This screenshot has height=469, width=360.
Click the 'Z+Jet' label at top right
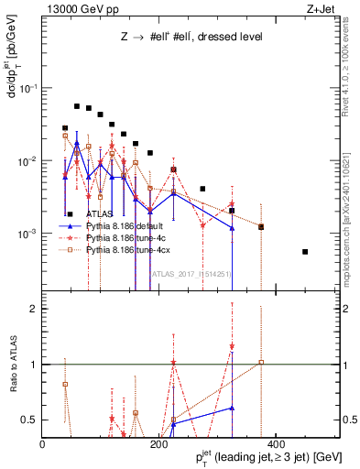pos(317,10)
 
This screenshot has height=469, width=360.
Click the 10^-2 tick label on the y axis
pos(27,161)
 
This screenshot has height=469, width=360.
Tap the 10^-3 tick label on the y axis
pos(27,234)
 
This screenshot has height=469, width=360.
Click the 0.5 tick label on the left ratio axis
pos(30,420)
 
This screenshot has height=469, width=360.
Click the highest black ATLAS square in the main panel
pos(77,106)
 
